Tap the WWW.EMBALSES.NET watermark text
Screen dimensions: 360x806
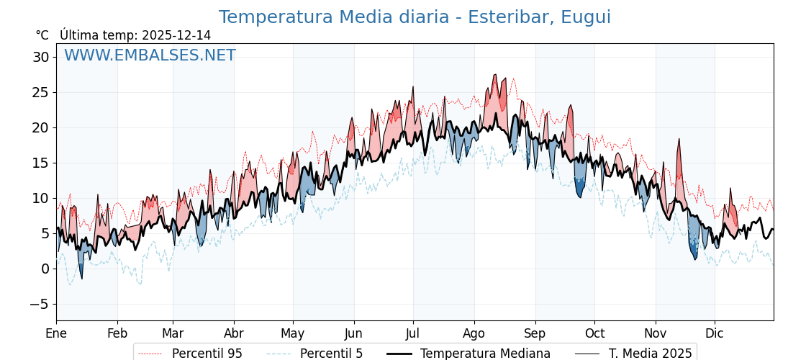150,55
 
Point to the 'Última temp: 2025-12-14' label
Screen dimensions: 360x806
135,35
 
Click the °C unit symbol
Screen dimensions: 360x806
42,35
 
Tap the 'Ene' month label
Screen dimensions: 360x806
56,333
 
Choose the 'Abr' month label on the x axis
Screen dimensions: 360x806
234,333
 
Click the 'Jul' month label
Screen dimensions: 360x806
413,333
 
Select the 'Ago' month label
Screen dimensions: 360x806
474,333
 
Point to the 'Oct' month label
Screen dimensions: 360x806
594,333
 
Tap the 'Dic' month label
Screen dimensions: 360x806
715,333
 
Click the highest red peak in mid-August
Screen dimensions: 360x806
494,76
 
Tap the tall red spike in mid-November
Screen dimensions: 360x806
679,141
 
